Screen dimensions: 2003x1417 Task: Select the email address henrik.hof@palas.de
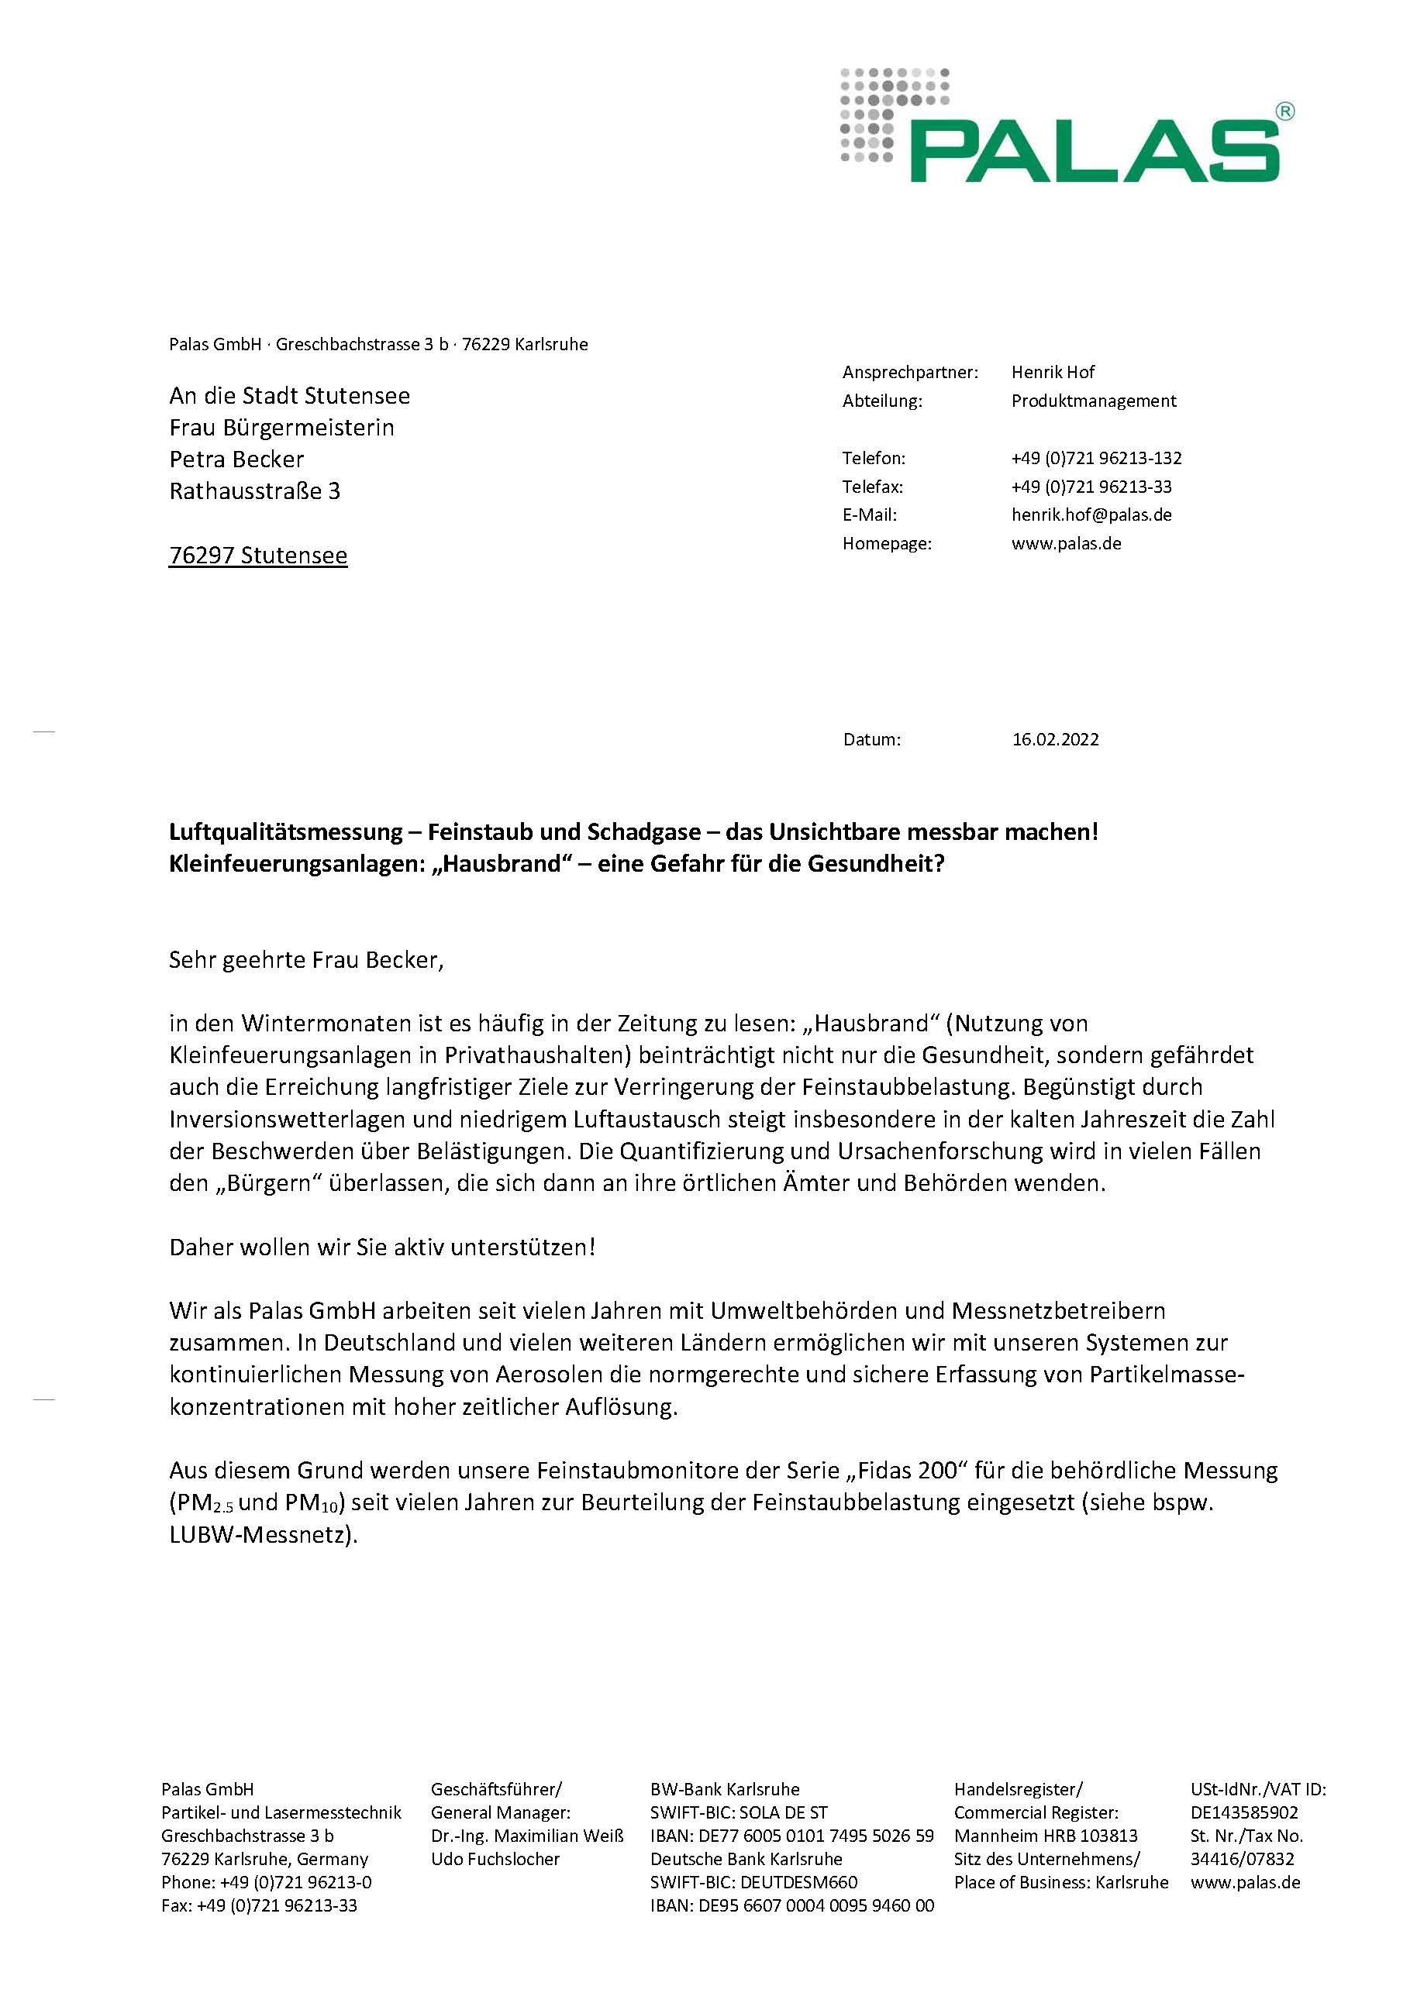coord(1091,515)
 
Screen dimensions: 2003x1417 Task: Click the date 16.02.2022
coord(1055,740)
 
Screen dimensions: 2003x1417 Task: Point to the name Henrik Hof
coord(1052,373)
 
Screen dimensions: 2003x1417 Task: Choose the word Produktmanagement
coord(1093,401)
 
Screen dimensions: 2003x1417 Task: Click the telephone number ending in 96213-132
coord(1096,458)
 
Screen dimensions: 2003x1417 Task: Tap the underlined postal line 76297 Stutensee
coord(258,556)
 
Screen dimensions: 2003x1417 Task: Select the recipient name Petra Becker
coord(236,459)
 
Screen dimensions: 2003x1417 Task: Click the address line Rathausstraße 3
coord(255,491)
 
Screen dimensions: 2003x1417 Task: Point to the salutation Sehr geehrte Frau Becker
coord(306,961)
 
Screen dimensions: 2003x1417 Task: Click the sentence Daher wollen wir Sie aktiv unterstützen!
coord(382,1247)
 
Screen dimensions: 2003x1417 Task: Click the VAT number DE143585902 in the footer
coord(1243,1812)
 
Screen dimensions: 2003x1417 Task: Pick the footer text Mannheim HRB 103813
coord(1045,1836)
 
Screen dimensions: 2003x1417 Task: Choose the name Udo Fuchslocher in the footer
coord(495,1859)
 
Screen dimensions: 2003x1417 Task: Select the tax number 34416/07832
coord(1242,1859)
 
